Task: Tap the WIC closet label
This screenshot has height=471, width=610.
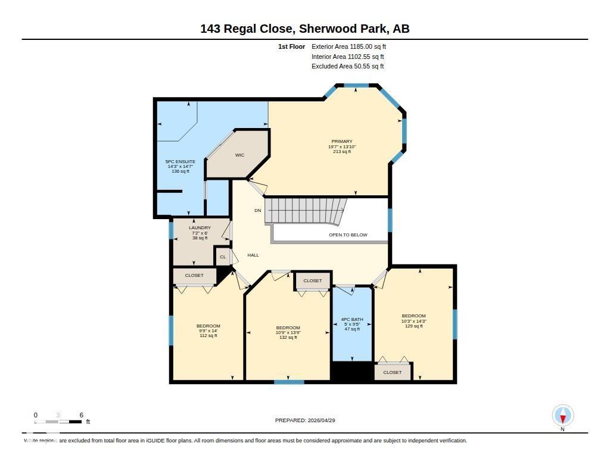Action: click(x=239, y=155)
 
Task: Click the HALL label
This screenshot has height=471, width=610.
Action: click(x=253, y=255)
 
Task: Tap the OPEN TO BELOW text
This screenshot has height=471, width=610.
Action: click(x=348, y=235)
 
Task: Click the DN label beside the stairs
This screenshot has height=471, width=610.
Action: click(x=258, y=211)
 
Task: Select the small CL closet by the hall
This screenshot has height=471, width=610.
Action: click(x=223, y=257)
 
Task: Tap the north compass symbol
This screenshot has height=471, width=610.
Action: click(x=562, y=416)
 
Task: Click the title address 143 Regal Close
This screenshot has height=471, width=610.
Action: click(x=305, y=29)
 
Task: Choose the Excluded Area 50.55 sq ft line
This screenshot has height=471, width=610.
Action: click(x=347, y=67)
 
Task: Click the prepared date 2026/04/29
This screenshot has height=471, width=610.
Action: click(x=305, y=420)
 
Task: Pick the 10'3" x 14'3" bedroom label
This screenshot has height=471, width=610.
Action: click(x=413, y=321)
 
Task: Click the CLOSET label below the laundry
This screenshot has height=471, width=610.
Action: click(x=194, y=276)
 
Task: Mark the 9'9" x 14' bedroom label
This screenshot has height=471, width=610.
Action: click(x=208, y=330)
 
